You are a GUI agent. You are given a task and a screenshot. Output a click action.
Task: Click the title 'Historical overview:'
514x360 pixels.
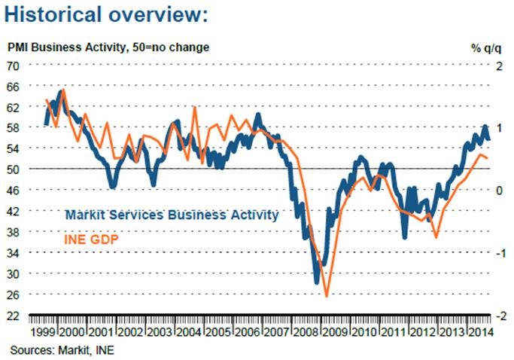107,15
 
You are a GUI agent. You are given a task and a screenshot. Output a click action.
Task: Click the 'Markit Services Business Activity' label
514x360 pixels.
172,215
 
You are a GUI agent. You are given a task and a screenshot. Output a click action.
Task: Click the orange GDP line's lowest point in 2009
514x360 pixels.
327,296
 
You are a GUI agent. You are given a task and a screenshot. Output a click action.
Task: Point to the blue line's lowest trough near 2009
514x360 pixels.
317,282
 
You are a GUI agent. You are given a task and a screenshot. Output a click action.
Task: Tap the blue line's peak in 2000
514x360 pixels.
60,92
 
